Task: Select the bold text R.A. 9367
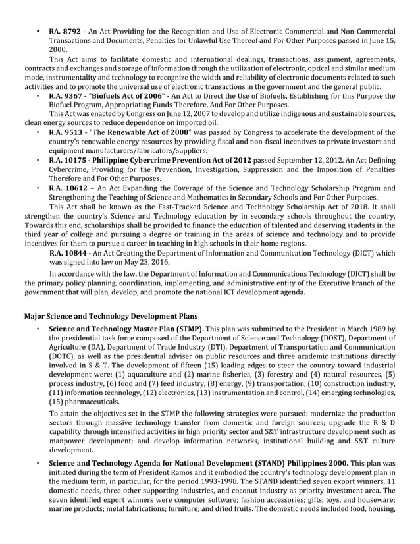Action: pyautogui.click(x=66, y=95)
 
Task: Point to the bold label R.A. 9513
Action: pyautogui.click(x=66, y=132)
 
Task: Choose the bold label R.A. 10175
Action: pyautogui.click(x=69, y=159)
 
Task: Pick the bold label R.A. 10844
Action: pyautogui.click(x=69, y=252)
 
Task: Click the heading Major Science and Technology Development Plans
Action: pyautogui.click(x=106, y=316)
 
